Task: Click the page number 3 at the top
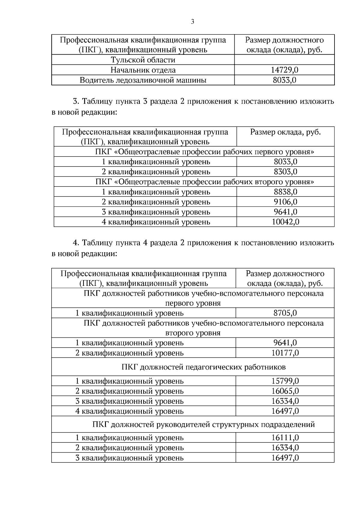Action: [x=192, y=22]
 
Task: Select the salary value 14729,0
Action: [x=284, y=70]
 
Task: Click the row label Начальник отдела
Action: [x=143, y=70]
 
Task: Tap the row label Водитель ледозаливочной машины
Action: [x=143, y=80]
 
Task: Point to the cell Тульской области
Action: [x=143, y=60]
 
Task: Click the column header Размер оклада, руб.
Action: [x=285, y=132]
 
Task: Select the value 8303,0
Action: [x=285, y=172]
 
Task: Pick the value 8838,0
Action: [x=285, y=192]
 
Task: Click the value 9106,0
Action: [x=285, y=202]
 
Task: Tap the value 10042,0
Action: [x=285, y=222]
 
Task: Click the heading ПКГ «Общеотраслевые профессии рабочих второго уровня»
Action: [x=205, y=182]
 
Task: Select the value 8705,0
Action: [x=285, y=313]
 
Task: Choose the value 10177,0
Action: [x=285, y=353]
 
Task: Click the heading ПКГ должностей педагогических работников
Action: [x=204, y=367]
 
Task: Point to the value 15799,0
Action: [x=285, y=381]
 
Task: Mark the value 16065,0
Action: [x=285, y=391]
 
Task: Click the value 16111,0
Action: [x=285, y=438]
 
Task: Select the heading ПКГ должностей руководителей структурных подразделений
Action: [x=204, y=425]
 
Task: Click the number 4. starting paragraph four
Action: [x=76, y=243]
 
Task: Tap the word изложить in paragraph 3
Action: [x=317, y=101]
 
